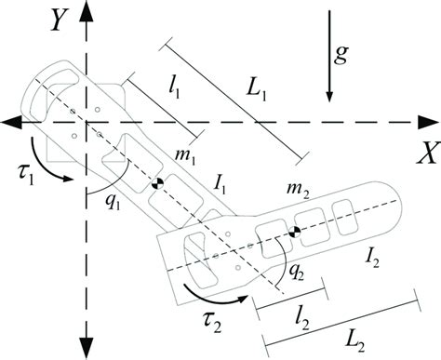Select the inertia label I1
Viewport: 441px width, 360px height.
[220, 190]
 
